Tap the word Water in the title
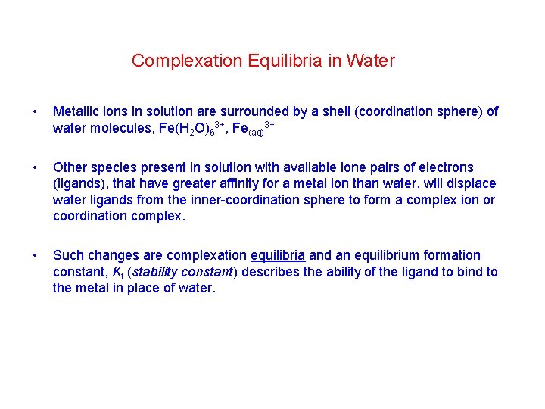[x=371, y=61]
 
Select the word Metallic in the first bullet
[x=76, y=111]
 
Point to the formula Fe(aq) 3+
[x=253, y=129]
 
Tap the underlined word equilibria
[x=278, y=255]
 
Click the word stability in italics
[x=159, y=272]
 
